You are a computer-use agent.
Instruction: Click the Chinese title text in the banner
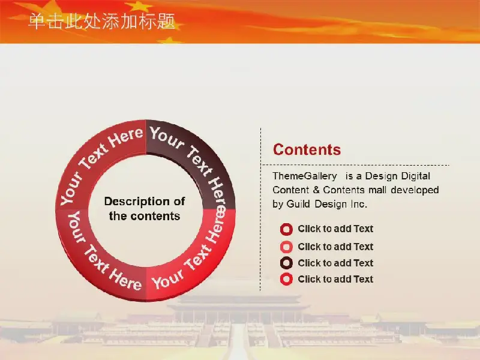(101, 22)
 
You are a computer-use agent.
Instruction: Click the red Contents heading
(307, 149)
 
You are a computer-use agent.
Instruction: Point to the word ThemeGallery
(305, 176)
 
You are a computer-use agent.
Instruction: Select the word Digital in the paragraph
(415, 176)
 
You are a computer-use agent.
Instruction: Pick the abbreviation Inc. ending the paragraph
(358, 204)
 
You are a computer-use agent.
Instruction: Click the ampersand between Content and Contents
(316, 190)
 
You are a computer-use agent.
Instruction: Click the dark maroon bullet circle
(286, 263)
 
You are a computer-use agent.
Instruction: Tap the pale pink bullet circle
(286, 247)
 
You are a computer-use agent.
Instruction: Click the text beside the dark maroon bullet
(335, 263)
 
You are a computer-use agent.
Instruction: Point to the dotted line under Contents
(355, 165)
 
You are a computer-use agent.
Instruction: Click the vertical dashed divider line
(260, 209)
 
